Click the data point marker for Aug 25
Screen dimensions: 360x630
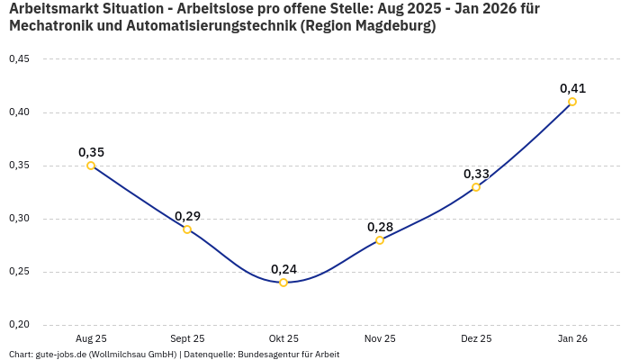(91, 166)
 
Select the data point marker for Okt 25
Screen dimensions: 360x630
(283, 283)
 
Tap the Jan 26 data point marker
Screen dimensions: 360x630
(572, 102)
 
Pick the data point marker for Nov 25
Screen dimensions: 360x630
(380, 240)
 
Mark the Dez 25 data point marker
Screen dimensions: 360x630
(476, 187)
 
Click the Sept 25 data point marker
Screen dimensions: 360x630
(187, 229)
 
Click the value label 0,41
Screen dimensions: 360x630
(572, 88)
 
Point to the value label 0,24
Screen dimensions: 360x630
(283, 268)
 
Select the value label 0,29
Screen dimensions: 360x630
(187, 216)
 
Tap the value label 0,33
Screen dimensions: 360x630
(476, 174)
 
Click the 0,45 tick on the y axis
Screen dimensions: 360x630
(19, 59)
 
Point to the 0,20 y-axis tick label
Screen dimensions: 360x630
(19, 325)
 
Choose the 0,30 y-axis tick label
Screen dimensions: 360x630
(19, 219)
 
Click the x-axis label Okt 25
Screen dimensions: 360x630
(283, 338)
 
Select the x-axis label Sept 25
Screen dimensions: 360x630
(187, 338)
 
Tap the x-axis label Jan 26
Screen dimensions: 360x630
(572, 338)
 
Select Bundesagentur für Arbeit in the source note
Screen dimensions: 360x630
(288, 355)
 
